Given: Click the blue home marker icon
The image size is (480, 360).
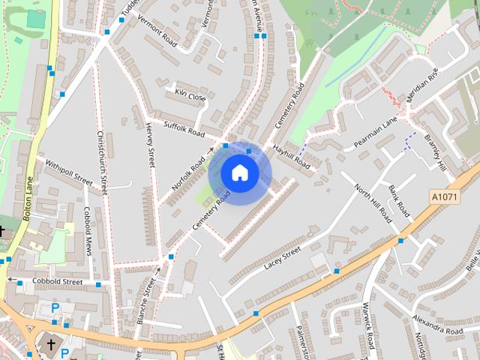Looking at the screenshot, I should tap(240, 173).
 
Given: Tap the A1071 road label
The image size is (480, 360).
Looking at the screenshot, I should tap(444, 196).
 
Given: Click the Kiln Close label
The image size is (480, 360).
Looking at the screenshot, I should tap(190, 97).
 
